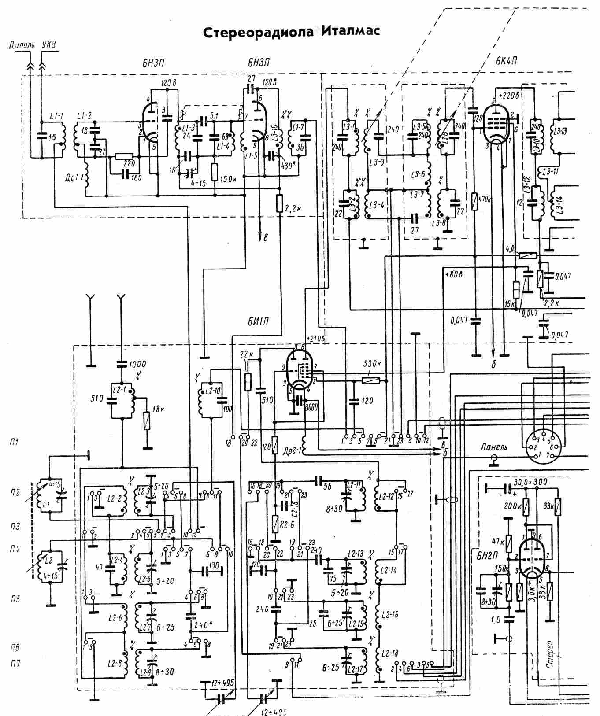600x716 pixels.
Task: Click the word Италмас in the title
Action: (351, 32)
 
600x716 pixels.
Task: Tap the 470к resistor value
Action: (486, 199)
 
